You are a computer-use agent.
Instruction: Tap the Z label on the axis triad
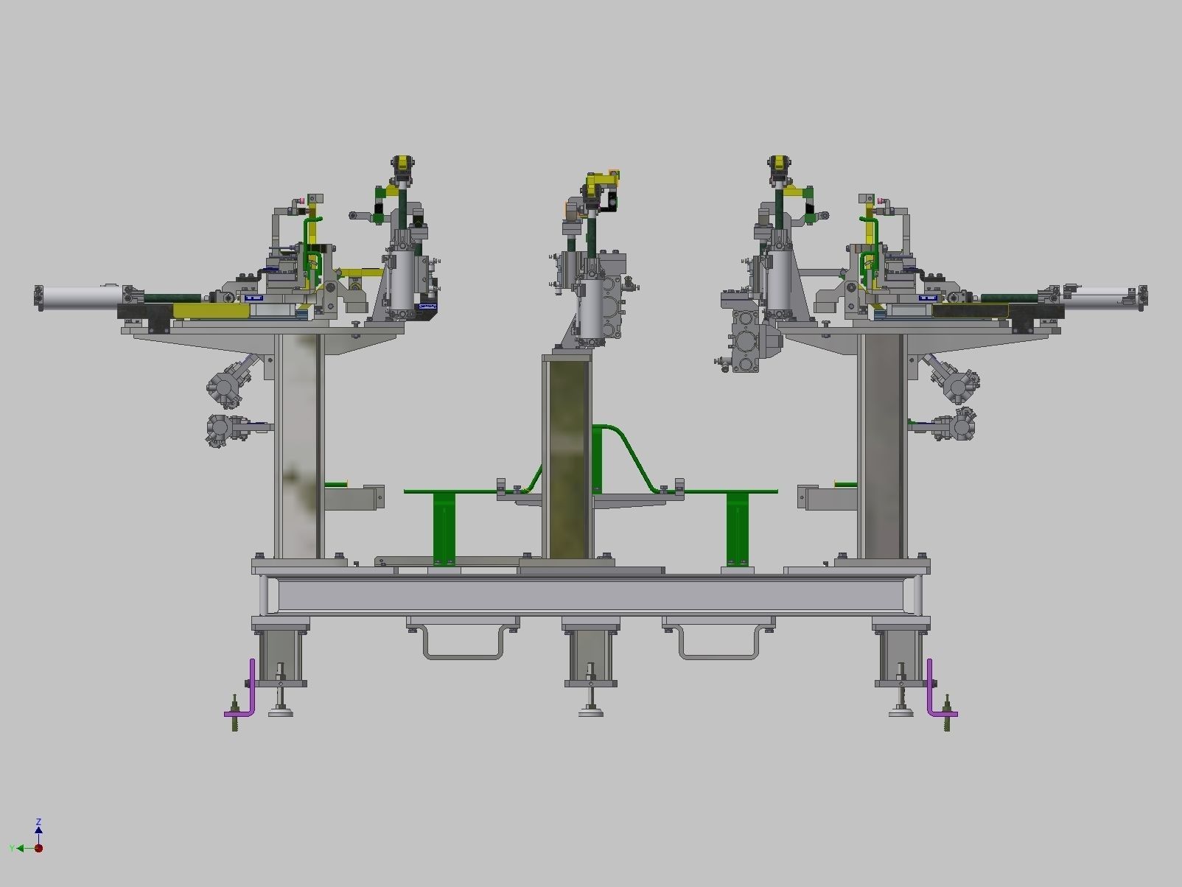pos(38,821)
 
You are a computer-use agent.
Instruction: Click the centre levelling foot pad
pos(590,711)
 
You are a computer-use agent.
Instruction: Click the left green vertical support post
pos(444,527)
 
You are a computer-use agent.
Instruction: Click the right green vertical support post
pos(737,527)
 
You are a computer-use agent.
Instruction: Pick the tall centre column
pos(567,457)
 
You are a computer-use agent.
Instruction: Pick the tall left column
pos(298,446)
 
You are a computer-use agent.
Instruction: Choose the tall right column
pos(882,446)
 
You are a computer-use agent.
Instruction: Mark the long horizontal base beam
pos(590,595)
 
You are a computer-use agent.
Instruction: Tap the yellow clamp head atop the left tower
pos(402,166)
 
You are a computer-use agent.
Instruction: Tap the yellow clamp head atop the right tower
pos(778,166)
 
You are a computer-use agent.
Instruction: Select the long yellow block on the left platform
pos(211,312)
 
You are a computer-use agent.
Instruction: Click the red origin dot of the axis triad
pos(38,848)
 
